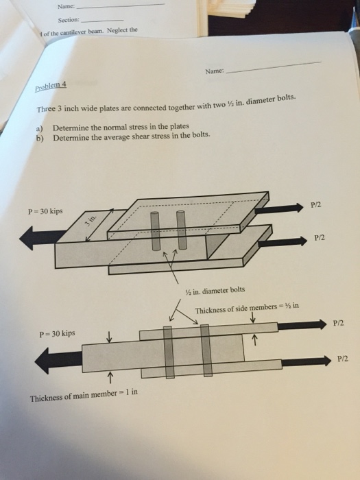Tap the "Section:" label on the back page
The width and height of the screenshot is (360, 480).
click(69, 20)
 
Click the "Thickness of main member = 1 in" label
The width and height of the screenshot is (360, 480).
click(84, 398)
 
